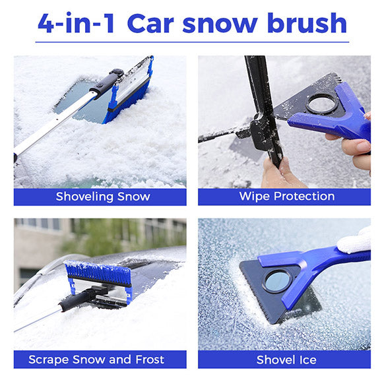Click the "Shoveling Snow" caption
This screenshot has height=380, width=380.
[103, 196]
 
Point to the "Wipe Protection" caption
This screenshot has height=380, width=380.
[287, 196]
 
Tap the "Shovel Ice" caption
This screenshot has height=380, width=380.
[286, 360]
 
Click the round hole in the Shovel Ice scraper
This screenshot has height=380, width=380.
[276, 280]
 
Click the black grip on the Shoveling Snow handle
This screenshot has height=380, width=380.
[106, 83]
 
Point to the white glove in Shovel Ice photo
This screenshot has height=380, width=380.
[357, 241]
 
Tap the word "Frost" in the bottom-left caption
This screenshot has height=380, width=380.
[146, 360]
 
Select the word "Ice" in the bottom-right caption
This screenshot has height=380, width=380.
[306, 360]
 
